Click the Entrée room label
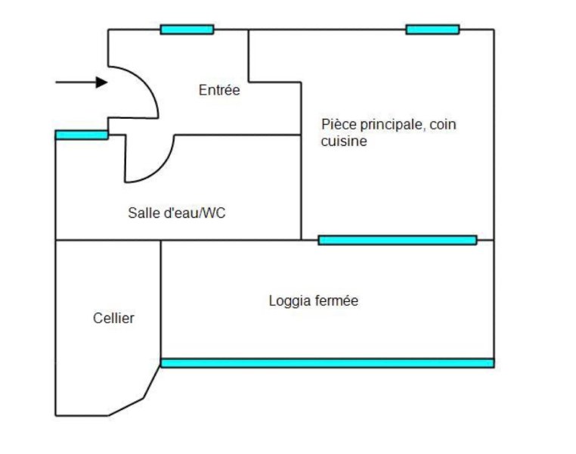point(219,90)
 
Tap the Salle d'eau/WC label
point(177,213)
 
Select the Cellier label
point(113,319)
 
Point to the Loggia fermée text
point(314,301)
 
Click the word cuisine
point(344,141)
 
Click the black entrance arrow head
point(102,82)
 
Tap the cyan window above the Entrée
point(187,30)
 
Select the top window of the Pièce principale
point(432,30)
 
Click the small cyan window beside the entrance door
point(82,135)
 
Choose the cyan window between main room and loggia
point(398,240)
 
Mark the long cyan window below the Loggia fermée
point(327,363)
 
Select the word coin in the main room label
point(443,125)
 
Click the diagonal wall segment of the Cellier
point(152,382)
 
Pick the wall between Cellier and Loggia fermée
point(160,301)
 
